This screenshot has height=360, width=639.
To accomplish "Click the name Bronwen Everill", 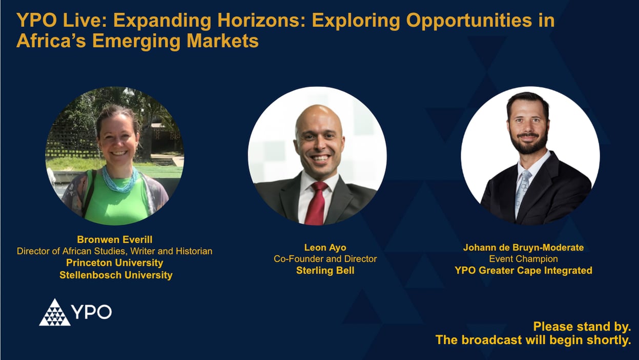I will click(x=115, y=240).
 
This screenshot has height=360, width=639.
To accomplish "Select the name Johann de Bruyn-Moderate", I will click(x=523, y=247).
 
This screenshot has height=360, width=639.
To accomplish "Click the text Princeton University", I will click(x=115, y=263).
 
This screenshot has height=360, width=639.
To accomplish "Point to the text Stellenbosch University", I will click(x=116, y=275).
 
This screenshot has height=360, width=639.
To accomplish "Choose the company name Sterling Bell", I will click(x=325, y=270).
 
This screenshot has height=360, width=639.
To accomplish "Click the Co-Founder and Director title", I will click(x=325, y=259).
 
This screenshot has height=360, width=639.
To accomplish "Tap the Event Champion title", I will click(x=523, y=259).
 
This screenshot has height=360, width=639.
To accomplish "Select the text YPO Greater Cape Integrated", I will click(x=523, y=270).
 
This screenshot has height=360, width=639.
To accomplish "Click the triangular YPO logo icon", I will click(x=55, y=312).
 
